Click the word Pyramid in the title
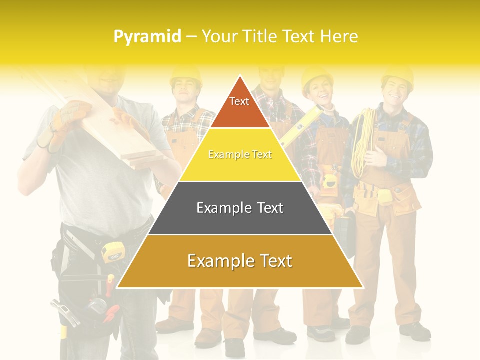click(147, 37)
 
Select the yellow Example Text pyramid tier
click(240, 155)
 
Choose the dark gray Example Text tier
click(240, 208)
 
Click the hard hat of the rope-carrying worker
click(397, 75)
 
